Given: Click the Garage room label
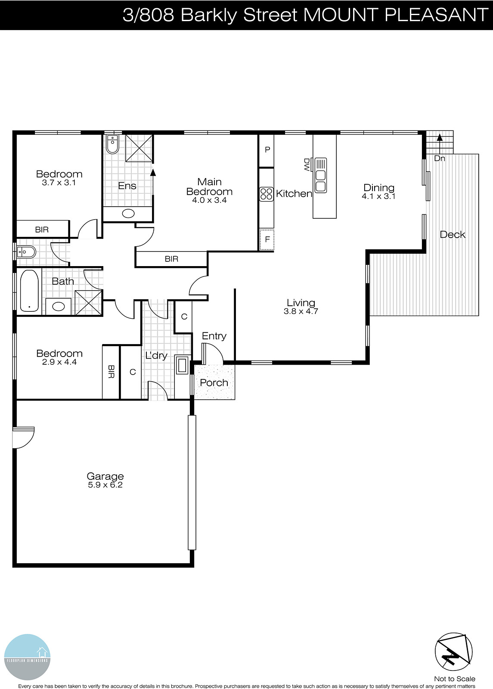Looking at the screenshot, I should tap(105, 476).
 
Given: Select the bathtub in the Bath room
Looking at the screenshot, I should tap(29, 291).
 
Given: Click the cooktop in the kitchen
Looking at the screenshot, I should tap(267, 194).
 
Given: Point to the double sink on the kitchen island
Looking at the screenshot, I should tap(321, 175).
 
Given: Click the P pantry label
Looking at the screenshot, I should tap(267, 150).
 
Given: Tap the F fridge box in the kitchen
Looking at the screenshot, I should tap(267, 239).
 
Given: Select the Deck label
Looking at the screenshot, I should tap(453, 235).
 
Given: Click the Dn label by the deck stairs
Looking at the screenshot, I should tap(439, 158).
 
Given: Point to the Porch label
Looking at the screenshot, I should tap(214, 383).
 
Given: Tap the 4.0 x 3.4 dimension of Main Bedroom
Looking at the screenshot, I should tap(209, 200).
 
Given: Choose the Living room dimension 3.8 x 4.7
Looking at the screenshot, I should tap(301, 311).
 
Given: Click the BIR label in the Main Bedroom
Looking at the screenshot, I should tap(171, 259).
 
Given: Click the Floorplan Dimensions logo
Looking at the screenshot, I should tap(27, 657).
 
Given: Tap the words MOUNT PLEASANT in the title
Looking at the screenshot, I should tap(395, 15).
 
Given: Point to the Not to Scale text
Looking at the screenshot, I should tap(454, 679).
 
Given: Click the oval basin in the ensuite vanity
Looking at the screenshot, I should tap(128, 214).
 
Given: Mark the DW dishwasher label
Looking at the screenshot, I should tap(307, 164).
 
